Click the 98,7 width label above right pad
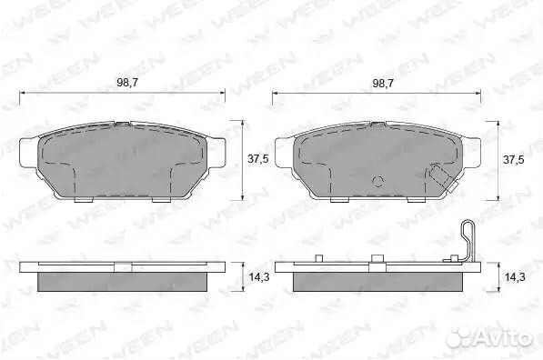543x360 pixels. click(x=383, y=83)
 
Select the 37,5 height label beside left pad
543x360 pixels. click(x=258, y=159)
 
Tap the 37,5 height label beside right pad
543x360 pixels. click(x=514, y=160)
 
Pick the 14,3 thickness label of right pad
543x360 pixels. click(x=515, y=277)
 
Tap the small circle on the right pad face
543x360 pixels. click(x=377, y=182)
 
